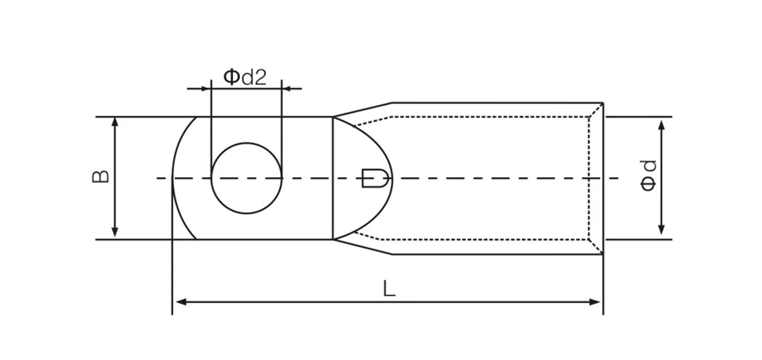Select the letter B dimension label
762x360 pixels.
[x=101, y=177]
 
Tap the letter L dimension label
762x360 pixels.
[x=389, y=289]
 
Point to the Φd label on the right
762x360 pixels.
[x=648, y=175]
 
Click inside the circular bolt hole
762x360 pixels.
[x=246, y=178]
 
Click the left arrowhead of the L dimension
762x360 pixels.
[x=180, y=302]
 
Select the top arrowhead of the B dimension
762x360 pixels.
[x=115, y=122]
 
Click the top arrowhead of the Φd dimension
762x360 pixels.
[x=661, y=124]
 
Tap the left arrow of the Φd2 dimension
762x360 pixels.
[x=205, y=88]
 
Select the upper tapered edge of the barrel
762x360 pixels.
[x=363, y=110]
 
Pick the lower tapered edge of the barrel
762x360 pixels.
[x=363, y=247]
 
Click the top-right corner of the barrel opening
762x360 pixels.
[x=602, y=103]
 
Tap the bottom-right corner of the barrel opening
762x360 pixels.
[x=602, y=254]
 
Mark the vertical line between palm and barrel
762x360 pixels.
[x=333, y=178]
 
